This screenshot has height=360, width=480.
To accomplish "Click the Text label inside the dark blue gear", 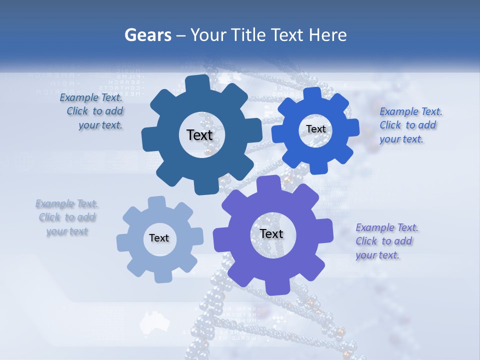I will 199,135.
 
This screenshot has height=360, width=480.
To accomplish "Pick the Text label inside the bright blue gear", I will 315,129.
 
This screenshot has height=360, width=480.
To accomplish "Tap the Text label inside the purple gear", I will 271,233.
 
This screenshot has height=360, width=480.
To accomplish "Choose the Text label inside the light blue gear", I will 159,238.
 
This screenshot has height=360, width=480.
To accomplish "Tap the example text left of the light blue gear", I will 67,217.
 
